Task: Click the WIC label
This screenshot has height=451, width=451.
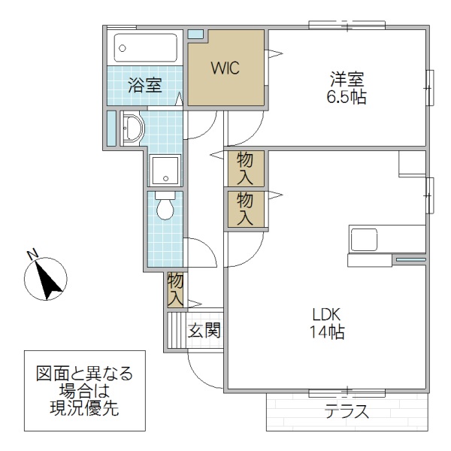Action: point(224,68)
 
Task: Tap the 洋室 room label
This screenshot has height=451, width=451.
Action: point(347,77)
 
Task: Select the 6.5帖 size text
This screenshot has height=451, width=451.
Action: point(347,97)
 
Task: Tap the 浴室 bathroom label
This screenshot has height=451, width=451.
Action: point(144,85)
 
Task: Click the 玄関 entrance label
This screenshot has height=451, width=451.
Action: point(204,330)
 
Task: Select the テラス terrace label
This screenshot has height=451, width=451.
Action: point(347,412)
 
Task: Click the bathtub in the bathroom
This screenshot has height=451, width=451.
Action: point(147,49)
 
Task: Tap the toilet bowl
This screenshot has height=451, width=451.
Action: point(165,207)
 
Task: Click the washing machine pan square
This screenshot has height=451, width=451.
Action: point(165,171)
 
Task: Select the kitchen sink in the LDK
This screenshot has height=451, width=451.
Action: point(366,241)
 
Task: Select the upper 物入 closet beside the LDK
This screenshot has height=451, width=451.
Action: point(245,168)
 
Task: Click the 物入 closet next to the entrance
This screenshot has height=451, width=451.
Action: point(175,289)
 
